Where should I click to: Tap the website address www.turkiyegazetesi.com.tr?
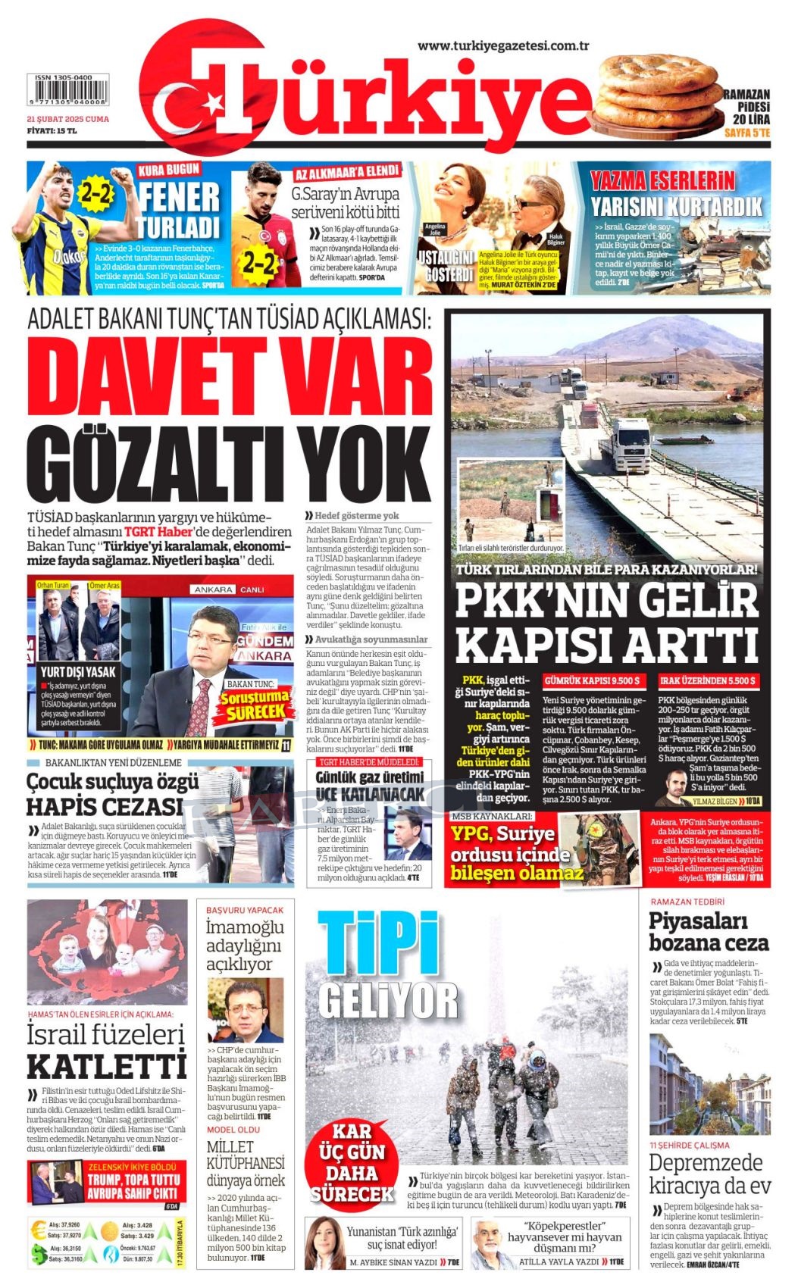pyautogui.click(x=503, y=46)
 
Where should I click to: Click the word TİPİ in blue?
pyautogui.click(x=378, y=943)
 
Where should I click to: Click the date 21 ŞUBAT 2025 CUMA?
pyautogui.click(x=67, y=119)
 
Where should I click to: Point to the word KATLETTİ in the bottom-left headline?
pyautogui.click(x=106, y=1066)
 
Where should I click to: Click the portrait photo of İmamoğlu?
pyautogui.click(x=246, y=1010)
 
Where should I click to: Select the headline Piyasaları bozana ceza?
pyautogui.click(x=709, y=932)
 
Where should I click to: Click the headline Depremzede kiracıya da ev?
pyautogui.click(x=709, y=1174)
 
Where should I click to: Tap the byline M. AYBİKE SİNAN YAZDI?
pyautogui.click(x=394, y=1262)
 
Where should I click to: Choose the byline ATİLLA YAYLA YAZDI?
pyautogui.click(x=559, y=1262)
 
